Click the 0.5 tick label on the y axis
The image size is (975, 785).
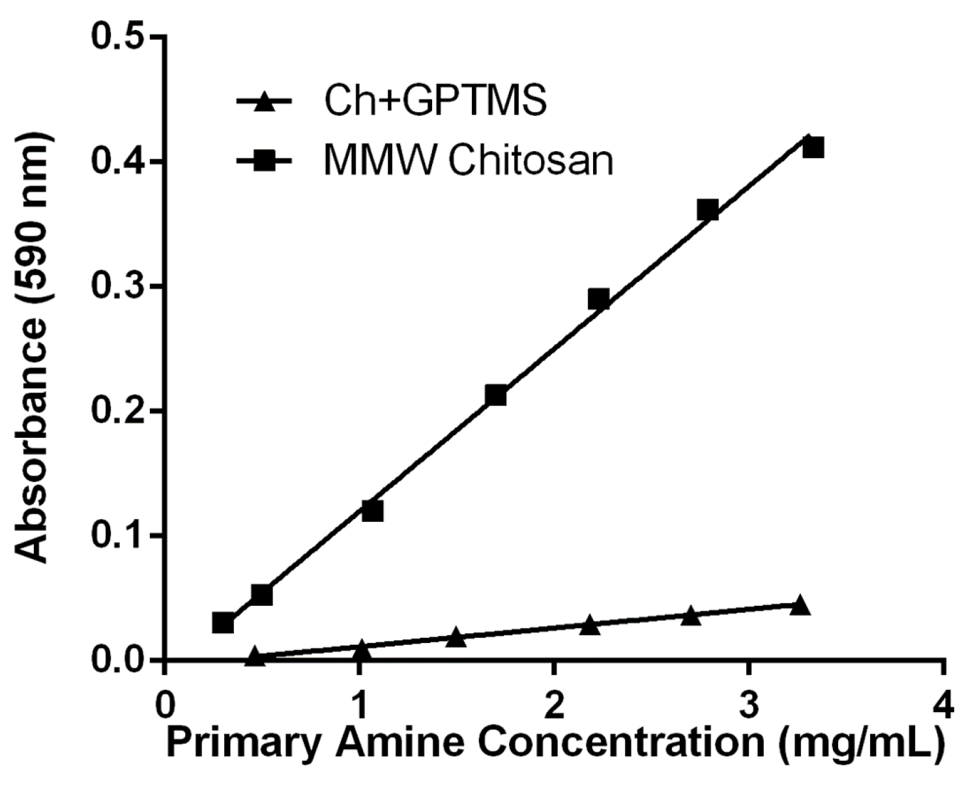tap(117, 37)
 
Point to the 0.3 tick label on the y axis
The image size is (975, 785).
tap(117, 287)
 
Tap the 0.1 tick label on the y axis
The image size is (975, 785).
tap(117, 535)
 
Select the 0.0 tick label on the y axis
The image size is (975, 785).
tap(117, 660)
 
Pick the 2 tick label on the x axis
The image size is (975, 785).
tap(553, 706)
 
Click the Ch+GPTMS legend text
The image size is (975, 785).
tap(435, 101)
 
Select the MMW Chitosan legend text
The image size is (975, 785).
tap(469, 161)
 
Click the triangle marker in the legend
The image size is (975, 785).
tap(264, 102)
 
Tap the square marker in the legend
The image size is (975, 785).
tap(264, 162)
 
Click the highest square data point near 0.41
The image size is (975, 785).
tap(813, 148)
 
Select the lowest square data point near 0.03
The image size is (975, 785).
tap(223, 623)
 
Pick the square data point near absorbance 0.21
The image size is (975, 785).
tap(496, 395)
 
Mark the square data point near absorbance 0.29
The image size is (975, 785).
tap(598, 299)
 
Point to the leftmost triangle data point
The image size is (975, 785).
tap(255, 657)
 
